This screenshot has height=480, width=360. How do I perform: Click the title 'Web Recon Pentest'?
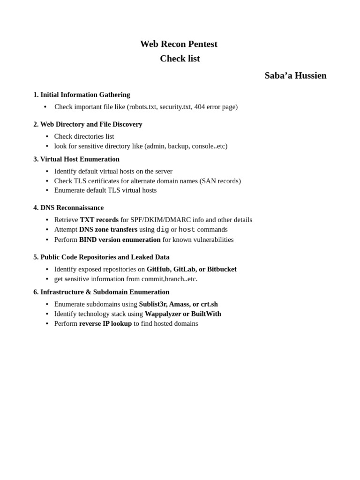pos(179,44)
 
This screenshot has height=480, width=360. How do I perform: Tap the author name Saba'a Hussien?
pos(295,75)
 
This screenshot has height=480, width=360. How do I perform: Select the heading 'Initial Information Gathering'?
pos(85,95)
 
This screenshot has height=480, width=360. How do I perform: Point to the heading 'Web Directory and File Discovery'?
pos(91,124)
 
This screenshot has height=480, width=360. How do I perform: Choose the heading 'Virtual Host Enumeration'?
pos(80,159)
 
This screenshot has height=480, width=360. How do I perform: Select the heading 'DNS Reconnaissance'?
pos(72,208)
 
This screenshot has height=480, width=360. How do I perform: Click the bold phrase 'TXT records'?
pos(99,220)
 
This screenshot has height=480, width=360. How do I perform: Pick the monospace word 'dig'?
pos(163,230)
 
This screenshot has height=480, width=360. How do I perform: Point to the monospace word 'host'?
pos(187,230)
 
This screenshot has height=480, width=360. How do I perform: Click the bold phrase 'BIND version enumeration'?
pos(120,240)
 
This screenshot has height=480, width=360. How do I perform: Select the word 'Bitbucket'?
pos(222,269)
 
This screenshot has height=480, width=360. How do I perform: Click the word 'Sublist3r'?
pos(153,304)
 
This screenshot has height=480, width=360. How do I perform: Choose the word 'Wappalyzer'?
pos(163,314)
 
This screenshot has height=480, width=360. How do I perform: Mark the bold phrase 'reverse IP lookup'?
pos(105,324)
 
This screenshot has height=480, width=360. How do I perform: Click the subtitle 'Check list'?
pos(180,59)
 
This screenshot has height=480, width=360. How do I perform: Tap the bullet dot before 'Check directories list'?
pos(47,136)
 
